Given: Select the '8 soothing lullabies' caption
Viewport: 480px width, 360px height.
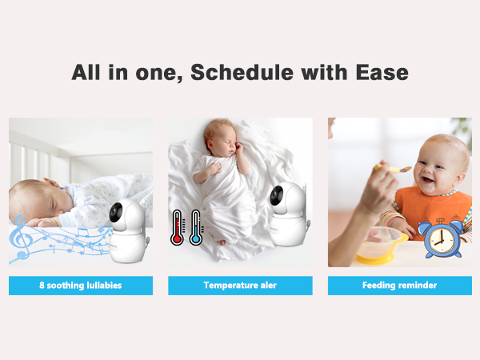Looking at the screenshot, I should coord(80,285).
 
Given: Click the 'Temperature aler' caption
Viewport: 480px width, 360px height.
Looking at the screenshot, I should coord(240,285).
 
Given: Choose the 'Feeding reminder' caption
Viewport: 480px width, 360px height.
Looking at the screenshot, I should coord(400,285).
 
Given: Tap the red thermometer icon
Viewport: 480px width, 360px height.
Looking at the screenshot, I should coord(177,227).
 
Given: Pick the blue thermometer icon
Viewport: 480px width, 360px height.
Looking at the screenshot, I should coord(195,227).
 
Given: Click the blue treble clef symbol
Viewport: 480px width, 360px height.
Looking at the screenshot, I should coord(22,235).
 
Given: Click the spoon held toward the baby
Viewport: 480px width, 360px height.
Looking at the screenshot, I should coord(394,169).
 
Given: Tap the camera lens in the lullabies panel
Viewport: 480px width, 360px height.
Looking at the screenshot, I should coord(117,213).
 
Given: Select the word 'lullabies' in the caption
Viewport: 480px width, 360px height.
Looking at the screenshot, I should coord(102,285).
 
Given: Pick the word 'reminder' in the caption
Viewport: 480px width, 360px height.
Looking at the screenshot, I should coord(418,285).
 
